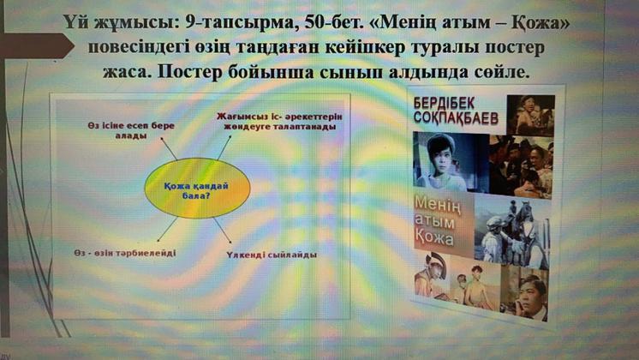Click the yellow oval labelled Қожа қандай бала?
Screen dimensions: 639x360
click(x=198, y=189)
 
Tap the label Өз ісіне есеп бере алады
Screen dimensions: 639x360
click(x=131, y=130)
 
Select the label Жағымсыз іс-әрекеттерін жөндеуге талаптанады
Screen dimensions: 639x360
click(x=279, y=122)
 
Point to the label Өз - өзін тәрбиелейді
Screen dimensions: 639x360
click(x=125, y=253)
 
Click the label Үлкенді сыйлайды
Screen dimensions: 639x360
click(x=272, y=255)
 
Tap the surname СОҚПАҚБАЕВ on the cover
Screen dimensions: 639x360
click(x=456, y=117)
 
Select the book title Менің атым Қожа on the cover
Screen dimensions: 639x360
click(x=438, y=221)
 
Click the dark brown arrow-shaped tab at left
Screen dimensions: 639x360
click(x=37, y=46)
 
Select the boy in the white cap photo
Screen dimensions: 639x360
click(x=446, y=162)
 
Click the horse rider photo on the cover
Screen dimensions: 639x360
click(x=511, y=234)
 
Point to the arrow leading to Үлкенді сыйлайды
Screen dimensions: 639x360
click(x=223, y=231)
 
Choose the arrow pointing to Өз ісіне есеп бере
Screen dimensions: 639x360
click(x=169, y=148)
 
